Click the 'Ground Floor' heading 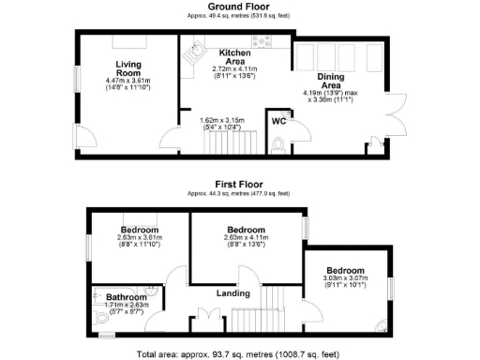(239, 7)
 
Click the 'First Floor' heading (239, 185)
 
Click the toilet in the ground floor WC (280, 146)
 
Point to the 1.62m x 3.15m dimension (221, 119)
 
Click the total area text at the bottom (239, 353)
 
